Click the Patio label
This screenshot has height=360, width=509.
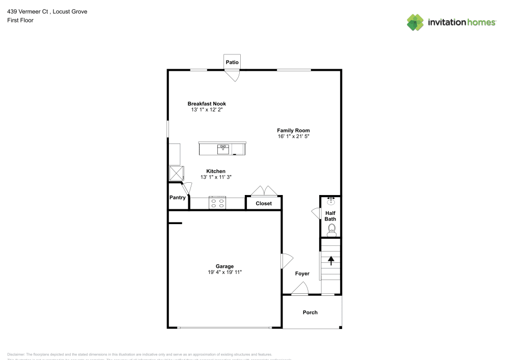(232, 62)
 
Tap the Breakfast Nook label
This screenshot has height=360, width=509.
(207, 104)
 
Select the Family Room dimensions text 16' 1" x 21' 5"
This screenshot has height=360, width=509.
(293, 136)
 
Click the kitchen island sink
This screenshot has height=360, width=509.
(223, 149)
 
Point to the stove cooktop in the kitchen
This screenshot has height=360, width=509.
(218, 203)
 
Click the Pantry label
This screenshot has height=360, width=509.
(177, 198)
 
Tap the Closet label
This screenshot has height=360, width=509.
(264, 203)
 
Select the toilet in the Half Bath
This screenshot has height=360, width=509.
(331, 229)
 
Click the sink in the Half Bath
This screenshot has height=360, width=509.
(331, 201)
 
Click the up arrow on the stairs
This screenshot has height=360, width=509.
(331, 261)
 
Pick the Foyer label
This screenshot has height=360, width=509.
(302, 273)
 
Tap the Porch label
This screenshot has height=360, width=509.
(310, 312)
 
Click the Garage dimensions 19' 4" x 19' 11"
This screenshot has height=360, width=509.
(224, 272)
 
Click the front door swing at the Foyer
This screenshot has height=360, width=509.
(300, 289)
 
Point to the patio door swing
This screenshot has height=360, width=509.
(233, 75)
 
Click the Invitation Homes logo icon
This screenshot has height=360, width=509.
(415, 22)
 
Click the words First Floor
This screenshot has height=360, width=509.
(20, 20)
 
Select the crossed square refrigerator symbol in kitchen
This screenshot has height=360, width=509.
(176, 173)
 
